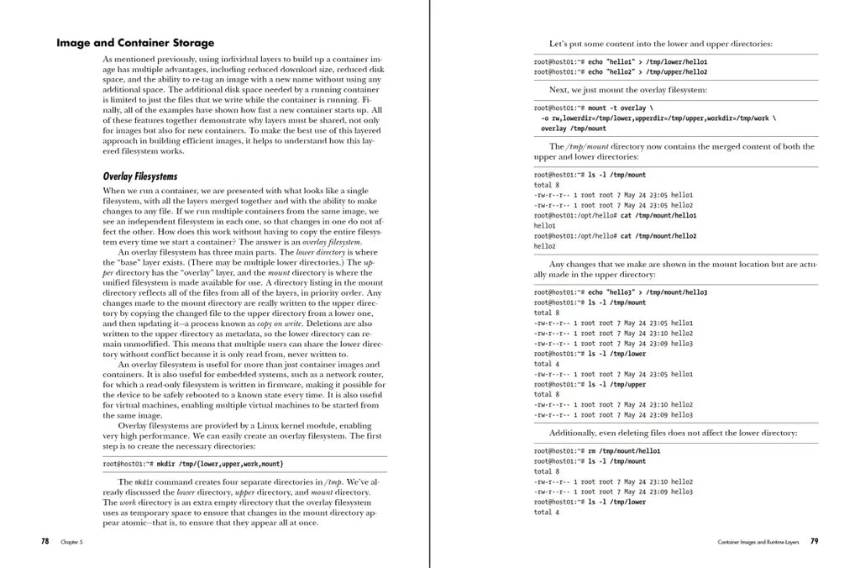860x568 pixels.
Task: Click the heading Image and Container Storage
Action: (x=135, y=43)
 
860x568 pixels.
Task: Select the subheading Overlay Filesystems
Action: (x=140, y=176)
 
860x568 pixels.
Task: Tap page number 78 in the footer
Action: (x=45, y=542)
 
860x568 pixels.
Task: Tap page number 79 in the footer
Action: (x=814, y=542)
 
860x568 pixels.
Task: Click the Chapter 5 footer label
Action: (x=71, y=543)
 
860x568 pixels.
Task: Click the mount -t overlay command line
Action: (x=617, y=108)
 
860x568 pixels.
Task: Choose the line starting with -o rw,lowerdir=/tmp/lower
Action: (x=658, y=118)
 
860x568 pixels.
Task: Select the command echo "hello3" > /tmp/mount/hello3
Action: (x=648, y=292)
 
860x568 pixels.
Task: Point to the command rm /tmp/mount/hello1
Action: (x=624, y=451)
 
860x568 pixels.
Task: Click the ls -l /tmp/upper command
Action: (x=617, y=384)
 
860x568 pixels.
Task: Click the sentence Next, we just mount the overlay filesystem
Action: (x=627, y=90)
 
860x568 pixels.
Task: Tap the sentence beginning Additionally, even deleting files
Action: (x=673, y=433)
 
